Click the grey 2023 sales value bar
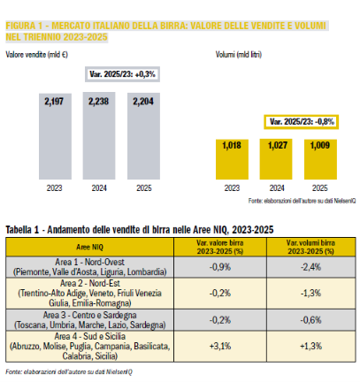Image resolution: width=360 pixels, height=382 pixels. (x=55, y=136)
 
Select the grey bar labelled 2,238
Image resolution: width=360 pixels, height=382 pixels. (x=99, y=136)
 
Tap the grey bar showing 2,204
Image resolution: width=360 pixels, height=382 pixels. (x=143, y=136)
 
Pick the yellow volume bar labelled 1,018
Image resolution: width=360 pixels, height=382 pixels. (x=232, y=159)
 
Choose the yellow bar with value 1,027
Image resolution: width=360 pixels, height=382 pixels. (x=276, y=159)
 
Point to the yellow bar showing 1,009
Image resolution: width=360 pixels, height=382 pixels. (x=320, y=159)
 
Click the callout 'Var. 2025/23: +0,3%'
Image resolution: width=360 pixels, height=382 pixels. (x=122, y=74)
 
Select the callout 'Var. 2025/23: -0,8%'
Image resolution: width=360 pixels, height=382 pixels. (x=302, y=122)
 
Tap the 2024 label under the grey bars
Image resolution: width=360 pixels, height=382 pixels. (x=99, y=188)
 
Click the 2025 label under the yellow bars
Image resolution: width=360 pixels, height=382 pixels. (x=320, y=188)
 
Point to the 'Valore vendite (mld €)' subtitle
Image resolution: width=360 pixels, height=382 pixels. (x=36, y=55)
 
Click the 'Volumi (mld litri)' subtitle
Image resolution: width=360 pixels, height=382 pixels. (x=239, y=55)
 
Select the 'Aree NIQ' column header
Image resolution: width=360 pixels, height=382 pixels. (x=89, y=247)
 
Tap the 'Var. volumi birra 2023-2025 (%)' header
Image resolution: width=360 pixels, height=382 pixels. (x=310, y=247)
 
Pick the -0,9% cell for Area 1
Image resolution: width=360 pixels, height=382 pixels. (x=220, y=267)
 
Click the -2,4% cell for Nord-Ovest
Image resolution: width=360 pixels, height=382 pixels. (x=310, y=267)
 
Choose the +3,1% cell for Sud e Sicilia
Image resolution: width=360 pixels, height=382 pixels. (x=220, y=346)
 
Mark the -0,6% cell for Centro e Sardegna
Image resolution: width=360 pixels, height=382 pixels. (x=310, y=320)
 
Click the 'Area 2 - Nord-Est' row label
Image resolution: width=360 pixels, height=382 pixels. (x=90, y=284)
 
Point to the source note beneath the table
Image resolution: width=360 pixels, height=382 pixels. (x=69, y=371)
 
